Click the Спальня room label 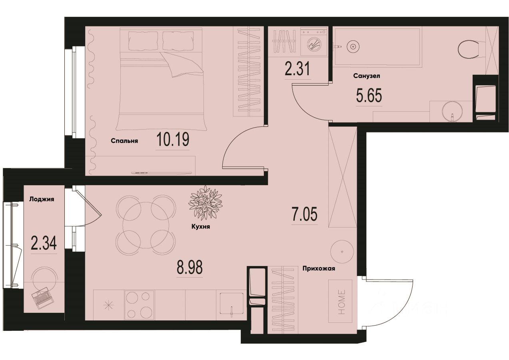(124, 141)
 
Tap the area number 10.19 (173, 140)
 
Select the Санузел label (366, 76)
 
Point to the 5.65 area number (369, 96)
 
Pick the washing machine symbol (314, 42)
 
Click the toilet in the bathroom (468, 50)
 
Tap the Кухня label (201, 226)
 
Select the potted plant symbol (205, 202)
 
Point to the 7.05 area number (305, 215)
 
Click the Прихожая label (318, 269)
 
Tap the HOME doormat (340, 301)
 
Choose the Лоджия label (41, 199)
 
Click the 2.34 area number (44, 243)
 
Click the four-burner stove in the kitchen (140, 305)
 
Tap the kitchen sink (231, 305)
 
